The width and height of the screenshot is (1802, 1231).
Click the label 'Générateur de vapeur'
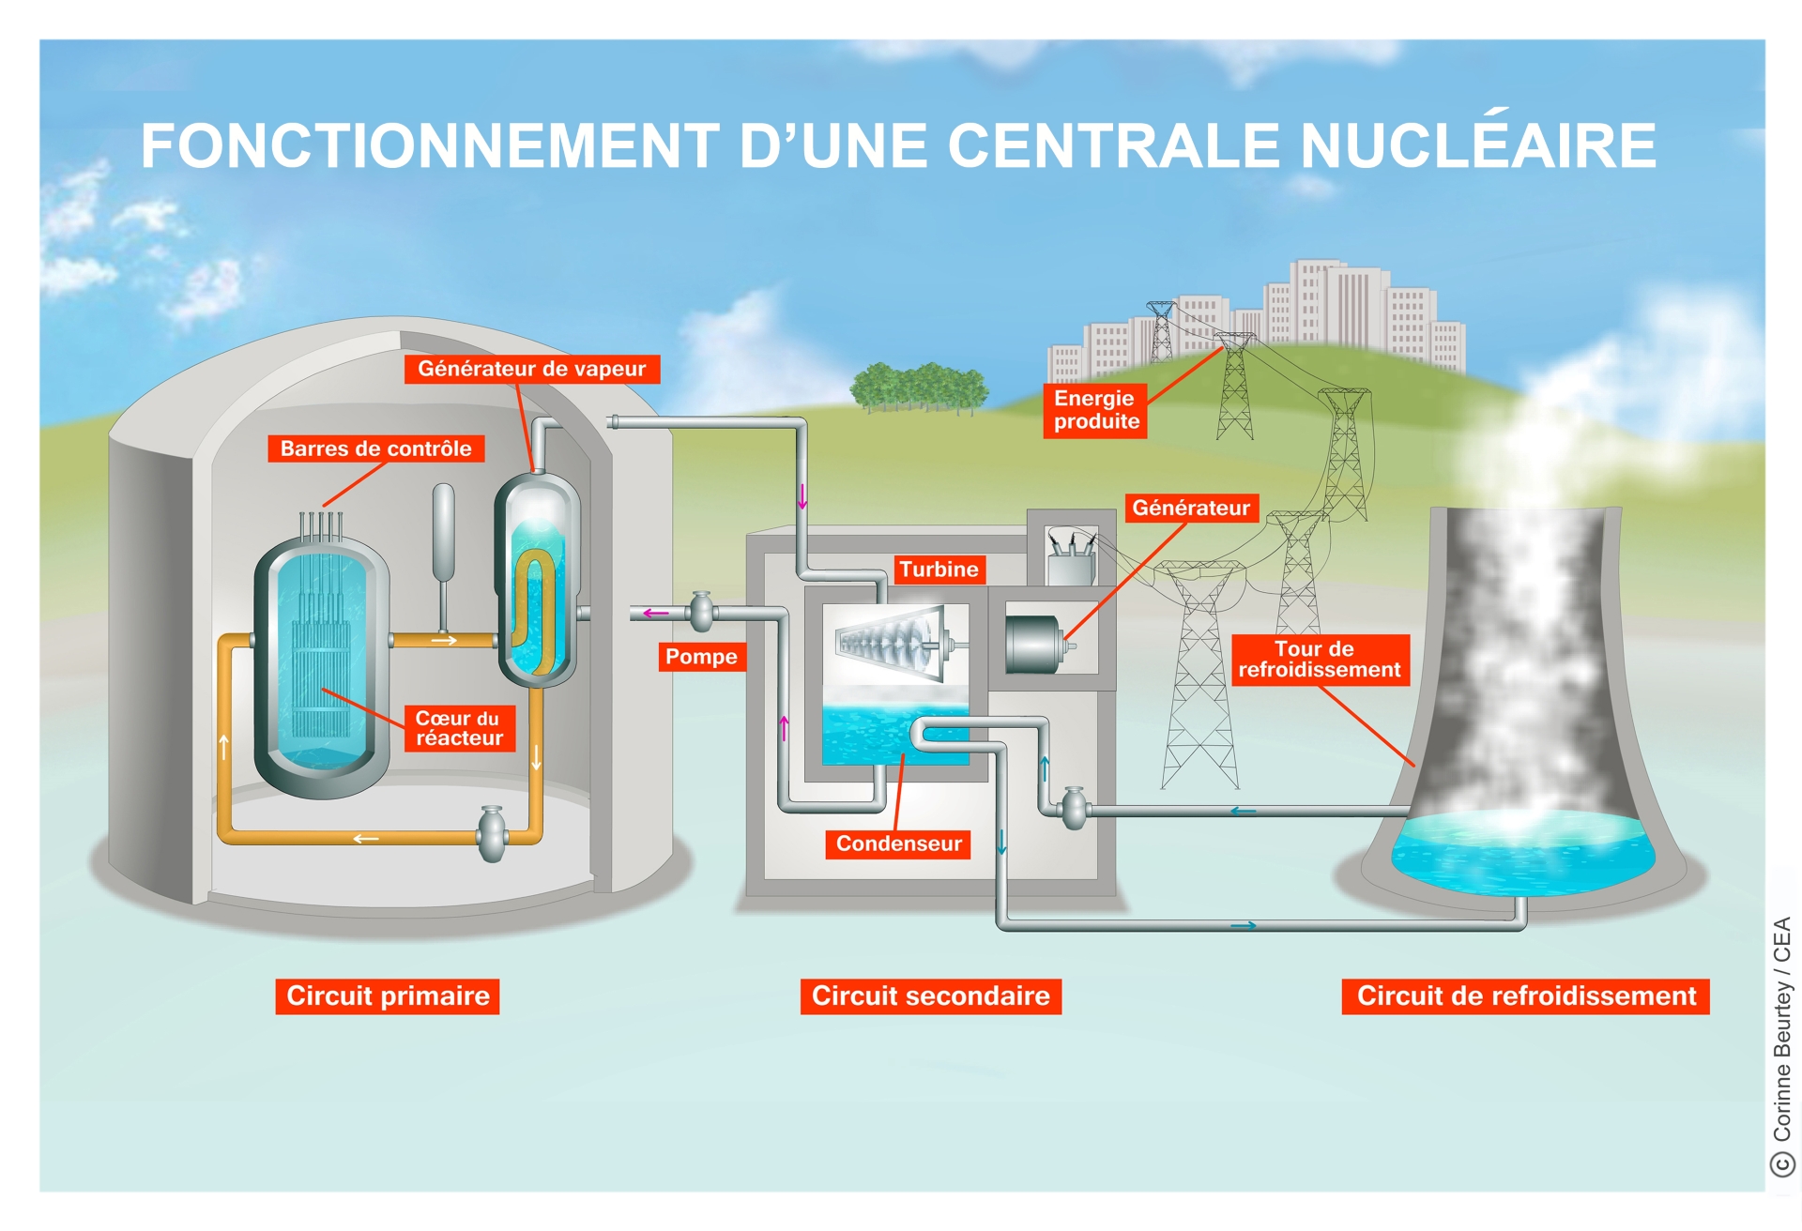click(x=532, y=369)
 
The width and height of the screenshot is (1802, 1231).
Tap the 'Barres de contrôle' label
click(x=375, y=448)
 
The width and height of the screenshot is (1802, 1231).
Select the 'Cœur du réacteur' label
click(x=459, y=728)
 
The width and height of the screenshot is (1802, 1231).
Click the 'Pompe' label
click(x=701, y=657)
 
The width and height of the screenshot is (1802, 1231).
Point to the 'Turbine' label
click(x=939, y=570)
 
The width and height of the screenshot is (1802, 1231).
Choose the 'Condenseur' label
click(x=898, y=843)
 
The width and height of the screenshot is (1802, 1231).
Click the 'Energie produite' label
click(x=1095, y=410)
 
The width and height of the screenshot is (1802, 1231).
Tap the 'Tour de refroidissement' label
click(x=1320, y=660)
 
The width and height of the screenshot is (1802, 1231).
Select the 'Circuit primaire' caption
click(x=388, y=995)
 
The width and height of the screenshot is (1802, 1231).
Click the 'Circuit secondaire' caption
click(x=930, y=995)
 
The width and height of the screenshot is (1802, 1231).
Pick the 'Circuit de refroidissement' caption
click(x=1525, y=995)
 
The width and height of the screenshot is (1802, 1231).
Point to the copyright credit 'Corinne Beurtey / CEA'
click(x=1782, y=1041)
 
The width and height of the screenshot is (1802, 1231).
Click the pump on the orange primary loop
click(x=492, y=833)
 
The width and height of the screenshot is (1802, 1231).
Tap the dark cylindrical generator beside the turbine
click(x=1033, y=644)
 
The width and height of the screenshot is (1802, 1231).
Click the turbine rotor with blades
click(x=892, y=643)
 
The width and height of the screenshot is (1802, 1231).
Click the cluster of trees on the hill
click(x=919, y=387)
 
